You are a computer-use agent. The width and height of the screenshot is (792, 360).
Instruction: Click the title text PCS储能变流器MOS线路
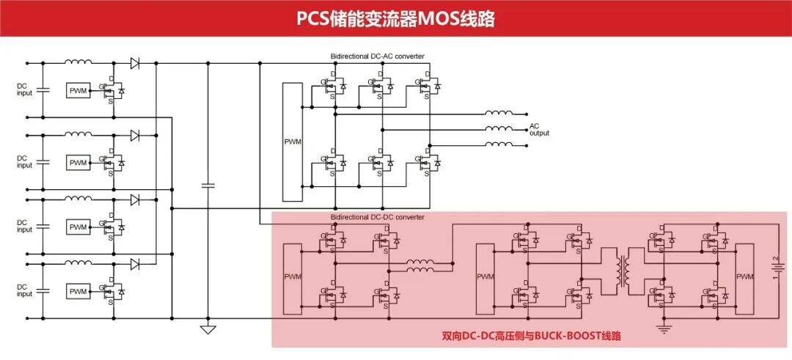click(x=395, y=18)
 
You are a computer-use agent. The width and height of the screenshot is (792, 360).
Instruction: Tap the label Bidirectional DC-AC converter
click(x=377, y=56)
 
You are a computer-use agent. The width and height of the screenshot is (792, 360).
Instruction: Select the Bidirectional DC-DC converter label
click(x=377, y=217)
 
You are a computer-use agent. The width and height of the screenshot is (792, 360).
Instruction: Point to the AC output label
click(x=539, y=130)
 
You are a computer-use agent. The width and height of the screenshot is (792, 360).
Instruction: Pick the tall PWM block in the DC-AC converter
click(x=293, y=142)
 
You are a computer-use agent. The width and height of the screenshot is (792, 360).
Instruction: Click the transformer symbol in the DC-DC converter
click(x=626, y=271)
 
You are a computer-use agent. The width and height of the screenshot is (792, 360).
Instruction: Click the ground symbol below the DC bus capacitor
click(x=208, y=329)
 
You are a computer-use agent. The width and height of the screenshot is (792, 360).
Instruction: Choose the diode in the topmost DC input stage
click(x=135, y=63)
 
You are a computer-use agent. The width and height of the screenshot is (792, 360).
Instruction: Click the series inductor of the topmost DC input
click(x=78, y=62)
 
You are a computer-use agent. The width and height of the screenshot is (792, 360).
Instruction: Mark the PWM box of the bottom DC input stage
click(x=78, y=290)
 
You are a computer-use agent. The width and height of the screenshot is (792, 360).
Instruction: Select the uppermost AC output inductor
click(x=499, y=113)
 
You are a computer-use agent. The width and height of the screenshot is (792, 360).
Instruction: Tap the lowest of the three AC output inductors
click(x=499, y=144)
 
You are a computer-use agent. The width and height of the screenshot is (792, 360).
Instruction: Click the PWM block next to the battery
click(x=744, y=276)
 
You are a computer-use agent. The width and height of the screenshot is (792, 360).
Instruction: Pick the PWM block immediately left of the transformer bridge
click(x=485, y=276)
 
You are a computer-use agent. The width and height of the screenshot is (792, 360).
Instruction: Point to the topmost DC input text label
click(x=25, y=89)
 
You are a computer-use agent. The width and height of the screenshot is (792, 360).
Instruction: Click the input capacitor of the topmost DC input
click(x=43, y=89)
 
